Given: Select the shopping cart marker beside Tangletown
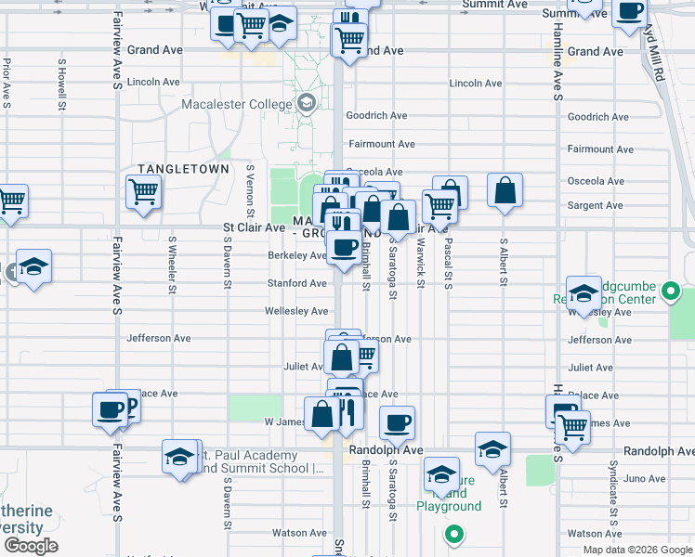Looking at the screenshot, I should click(145, 193).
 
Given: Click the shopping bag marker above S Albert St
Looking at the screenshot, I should click(504, 190).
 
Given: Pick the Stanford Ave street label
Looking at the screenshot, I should click(297, 283).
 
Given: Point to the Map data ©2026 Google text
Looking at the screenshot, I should click(636, 550).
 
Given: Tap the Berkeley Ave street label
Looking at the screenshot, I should click(297, 255).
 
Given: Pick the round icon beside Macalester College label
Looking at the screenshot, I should click(307, 103).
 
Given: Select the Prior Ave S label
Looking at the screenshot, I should click(7, 84).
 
